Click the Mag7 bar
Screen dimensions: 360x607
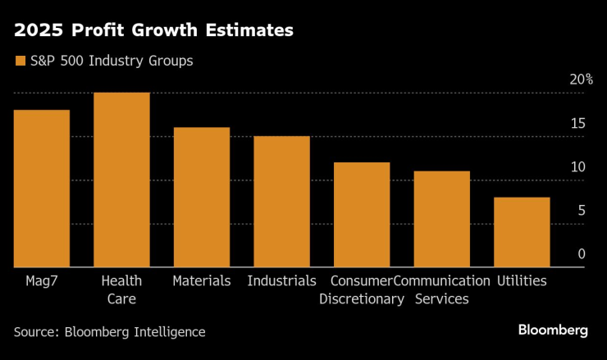41,189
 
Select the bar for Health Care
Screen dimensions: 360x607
121,180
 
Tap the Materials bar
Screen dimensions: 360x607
202,198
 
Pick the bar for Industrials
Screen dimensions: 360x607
281,202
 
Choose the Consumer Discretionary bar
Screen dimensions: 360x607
362,215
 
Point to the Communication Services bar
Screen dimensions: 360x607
442,219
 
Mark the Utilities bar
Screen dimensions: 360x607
522,232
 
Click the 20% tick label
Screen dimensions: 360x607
582,80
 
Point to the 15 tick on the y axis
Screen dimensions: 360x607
578,124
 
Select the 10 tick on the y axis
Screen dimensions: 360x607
578,167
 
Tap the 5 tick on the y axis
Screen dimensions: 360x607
582,211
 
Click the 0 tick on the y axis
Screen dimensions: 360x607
582,254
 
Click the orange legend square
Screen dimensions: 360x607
19,61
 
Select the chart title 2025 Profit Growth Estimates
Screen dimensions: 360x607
153,31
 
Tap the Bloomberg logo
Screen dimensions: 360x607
553,330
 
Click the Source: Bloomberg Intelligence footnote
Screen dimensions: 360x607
109,331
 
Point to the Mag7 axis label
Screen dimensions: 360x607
41,280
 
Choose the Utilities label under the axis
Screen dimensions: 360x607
522,280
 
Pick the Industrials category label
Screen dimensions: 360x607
281,280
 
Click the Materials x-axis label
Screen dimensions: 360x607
202,280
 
